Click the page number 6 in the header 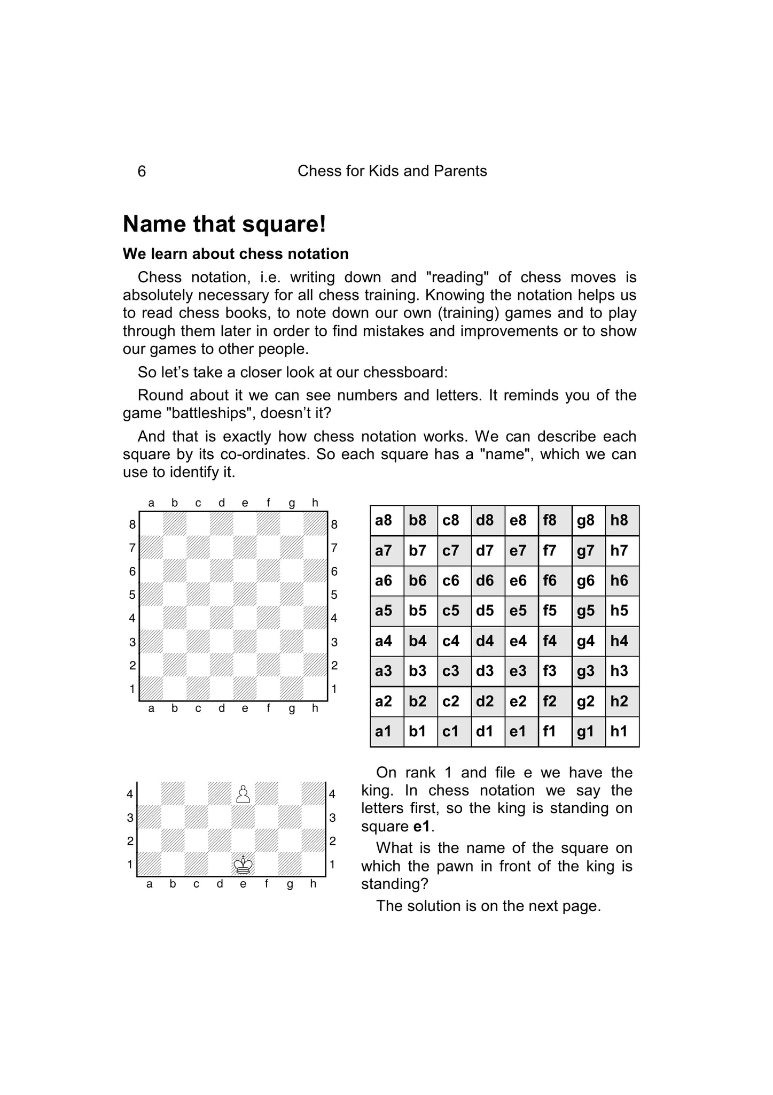(142, 172)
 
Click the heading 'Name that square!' (224, 224)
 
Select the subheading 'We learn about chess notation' (236, 254)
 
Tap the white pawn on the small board (243, 794)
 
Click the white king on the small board (243, 864)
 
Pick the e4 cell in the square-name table (518, 641)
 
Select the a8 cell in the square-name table (384, 520)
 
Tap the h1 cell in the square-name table (619, 731)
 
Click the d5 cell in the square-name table (485, 611)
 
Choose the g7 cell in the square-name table (585, 551)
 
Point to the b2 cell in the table (417, 701)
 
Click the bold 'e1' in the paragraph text (421, 827)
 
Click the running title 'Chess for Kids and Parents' (392, 171)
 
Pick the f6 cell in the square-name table (550, 581)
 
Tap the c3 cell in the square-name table (451, 671)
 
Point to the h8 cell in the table (619, 520)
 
